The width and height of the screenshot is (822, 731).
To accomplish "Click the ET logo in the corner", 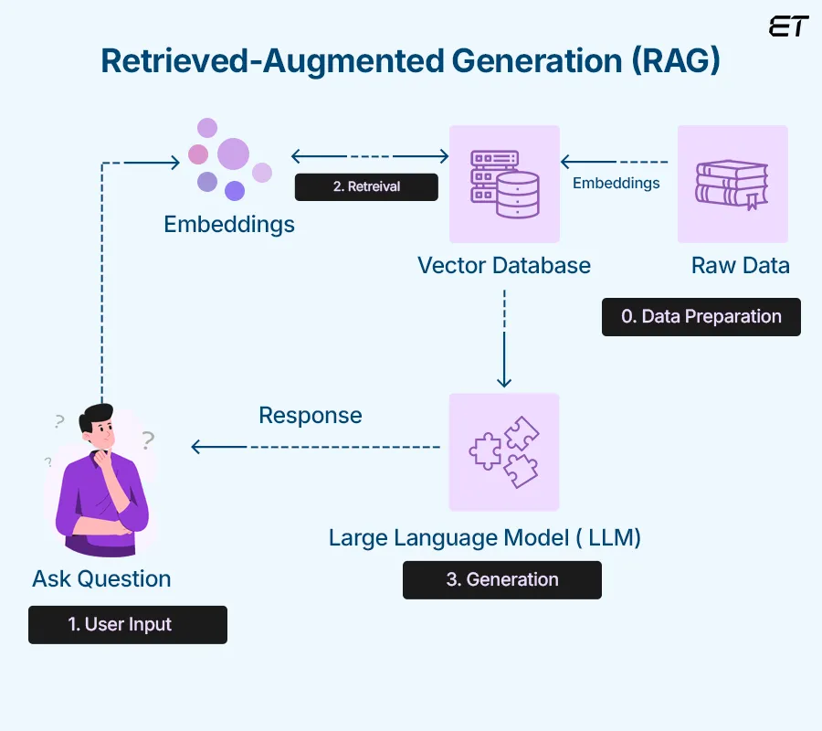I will (788, 26).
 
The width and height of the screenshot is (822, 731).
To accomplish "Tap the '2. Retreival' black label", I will (366, 186).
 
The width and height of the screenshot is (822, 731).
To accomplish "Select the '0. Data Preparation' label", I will (701, 317).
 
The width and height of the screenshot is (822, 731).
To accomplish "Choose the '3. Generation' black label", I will (501, 580).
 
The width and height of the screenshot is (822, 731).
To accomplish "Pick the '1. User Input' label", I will (127, 625).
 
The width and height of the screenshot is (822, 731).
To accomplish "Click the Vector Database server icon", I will (504, 184).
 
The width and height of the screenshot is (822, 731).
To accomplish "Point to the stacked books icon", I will (732, 184).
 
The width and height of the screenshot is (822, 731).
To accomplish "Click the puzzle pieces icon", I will (503, 452).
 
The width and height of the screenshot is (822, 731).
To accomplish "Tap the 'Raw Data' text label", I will (740, 266).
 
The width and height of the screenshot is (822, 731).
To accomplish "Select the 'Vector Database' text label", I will (503, 266).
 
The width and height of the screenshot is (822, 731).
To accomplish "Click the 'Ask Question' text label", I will (101, 578).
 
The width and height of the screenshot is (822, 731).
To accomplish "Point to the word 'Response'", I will (311, 416).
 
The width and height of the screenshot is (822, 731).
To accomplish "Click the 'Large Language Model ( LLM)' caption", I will (484, 537).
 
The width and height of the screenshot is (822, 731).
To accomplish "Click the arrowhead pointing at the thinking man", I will (196, 447).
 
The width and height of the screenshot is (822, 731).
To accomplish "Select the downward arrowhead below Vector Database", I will (504, 381).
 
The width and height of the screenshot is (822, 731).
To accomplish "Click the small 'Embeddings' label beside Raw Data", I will (616, 183).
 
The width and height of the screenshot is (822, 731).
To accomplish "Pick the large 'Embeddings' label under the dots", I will (229, 224).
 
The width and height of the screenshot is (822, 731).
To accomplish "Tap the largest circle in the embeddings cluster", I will (233, 154).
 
